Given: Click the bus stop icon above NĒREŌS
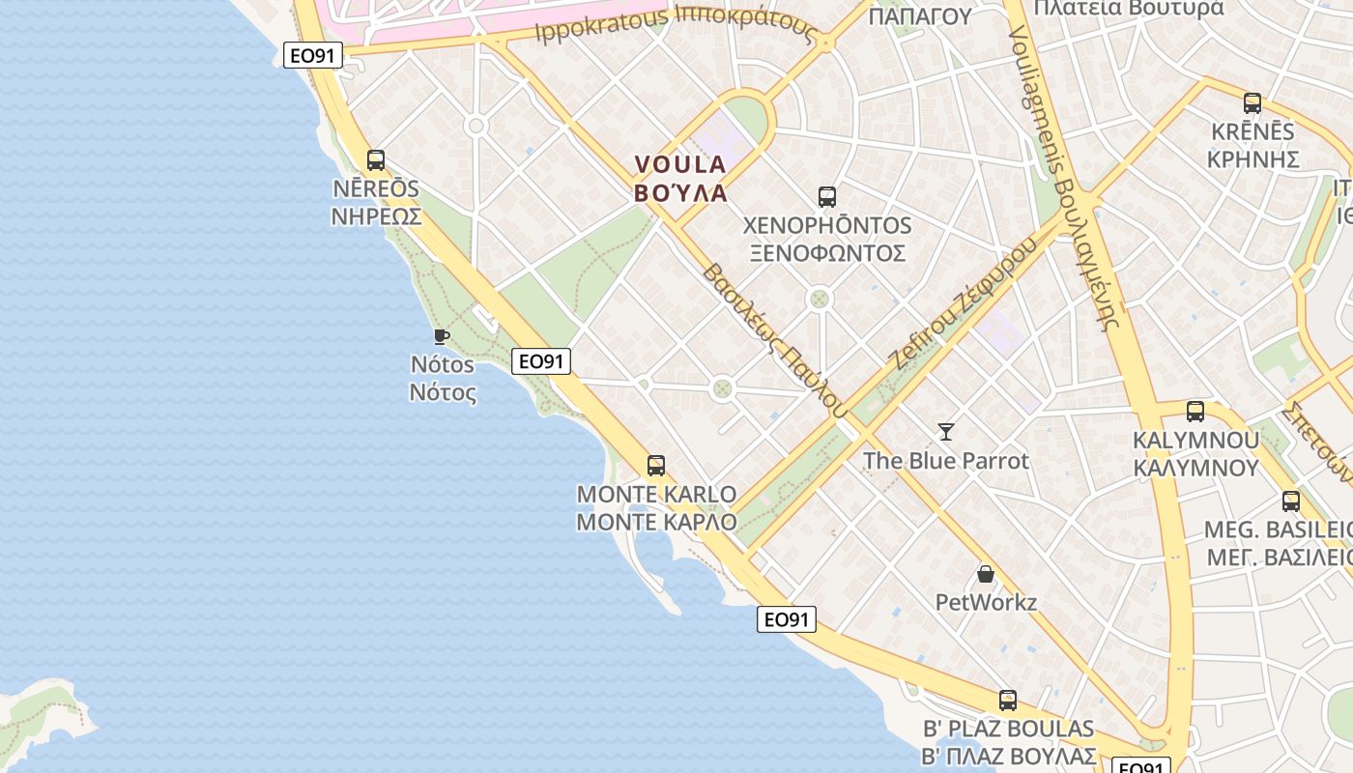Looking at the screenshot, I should click(x=376, y=160).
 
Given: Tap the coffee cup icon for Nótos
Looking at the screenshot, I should click(x=442, y=336).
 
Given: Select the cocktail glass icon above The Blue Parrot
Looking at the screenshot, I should click(x=946, y=431).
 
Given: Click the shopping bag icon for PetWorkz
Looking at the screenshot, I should click(x=986, y=574).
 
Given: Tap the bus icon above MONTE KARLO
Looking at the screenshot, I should click(x=656, y=466).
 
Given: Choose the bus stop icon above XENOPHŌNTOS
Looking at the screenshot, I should click(x=827, y=197).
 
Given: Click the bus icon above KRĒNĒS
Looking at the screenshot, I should click(x=1252, y=102).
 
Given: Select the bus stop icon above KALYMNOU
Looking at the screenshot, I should click(x=1195, y=412).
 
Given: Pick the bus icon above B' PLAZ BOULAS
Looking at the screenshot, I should click(x=1008, y=701).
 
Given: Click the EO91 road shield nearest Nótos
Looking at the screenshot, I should click(x=541, y=361).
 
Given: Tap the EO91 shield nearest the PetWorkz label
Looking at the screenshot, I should click(x=787, y=619).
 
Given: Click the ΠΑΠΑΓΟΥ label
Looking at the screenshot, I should click(x=919, y=15).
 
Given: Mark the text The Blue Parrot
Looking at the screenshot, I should click(x=946, y=461).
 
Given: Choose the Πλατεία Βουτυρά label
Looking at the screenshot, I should click(x=1128, y=9).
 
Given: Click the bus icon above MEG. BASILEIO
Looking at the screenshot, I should click(x=1291, y=501).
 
